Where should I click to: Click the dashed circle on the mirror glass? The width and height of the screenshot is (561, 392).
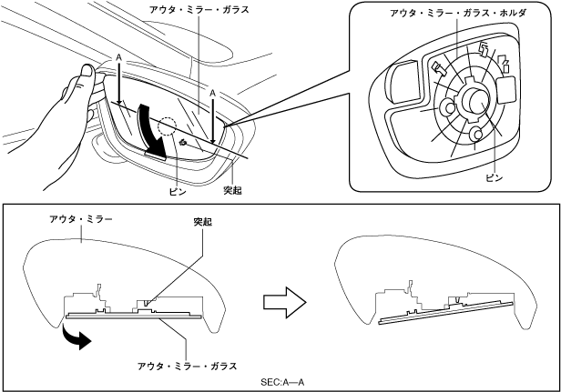click(170, 129)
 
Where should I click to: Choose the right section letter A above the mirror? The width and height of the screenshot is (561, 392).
click(213, 93)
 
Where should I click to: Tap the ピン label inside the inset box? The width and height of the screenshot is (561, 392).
click(493, 178)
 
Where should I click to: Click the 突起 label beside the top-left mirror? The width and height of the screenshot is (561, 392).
click(234, 192)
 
